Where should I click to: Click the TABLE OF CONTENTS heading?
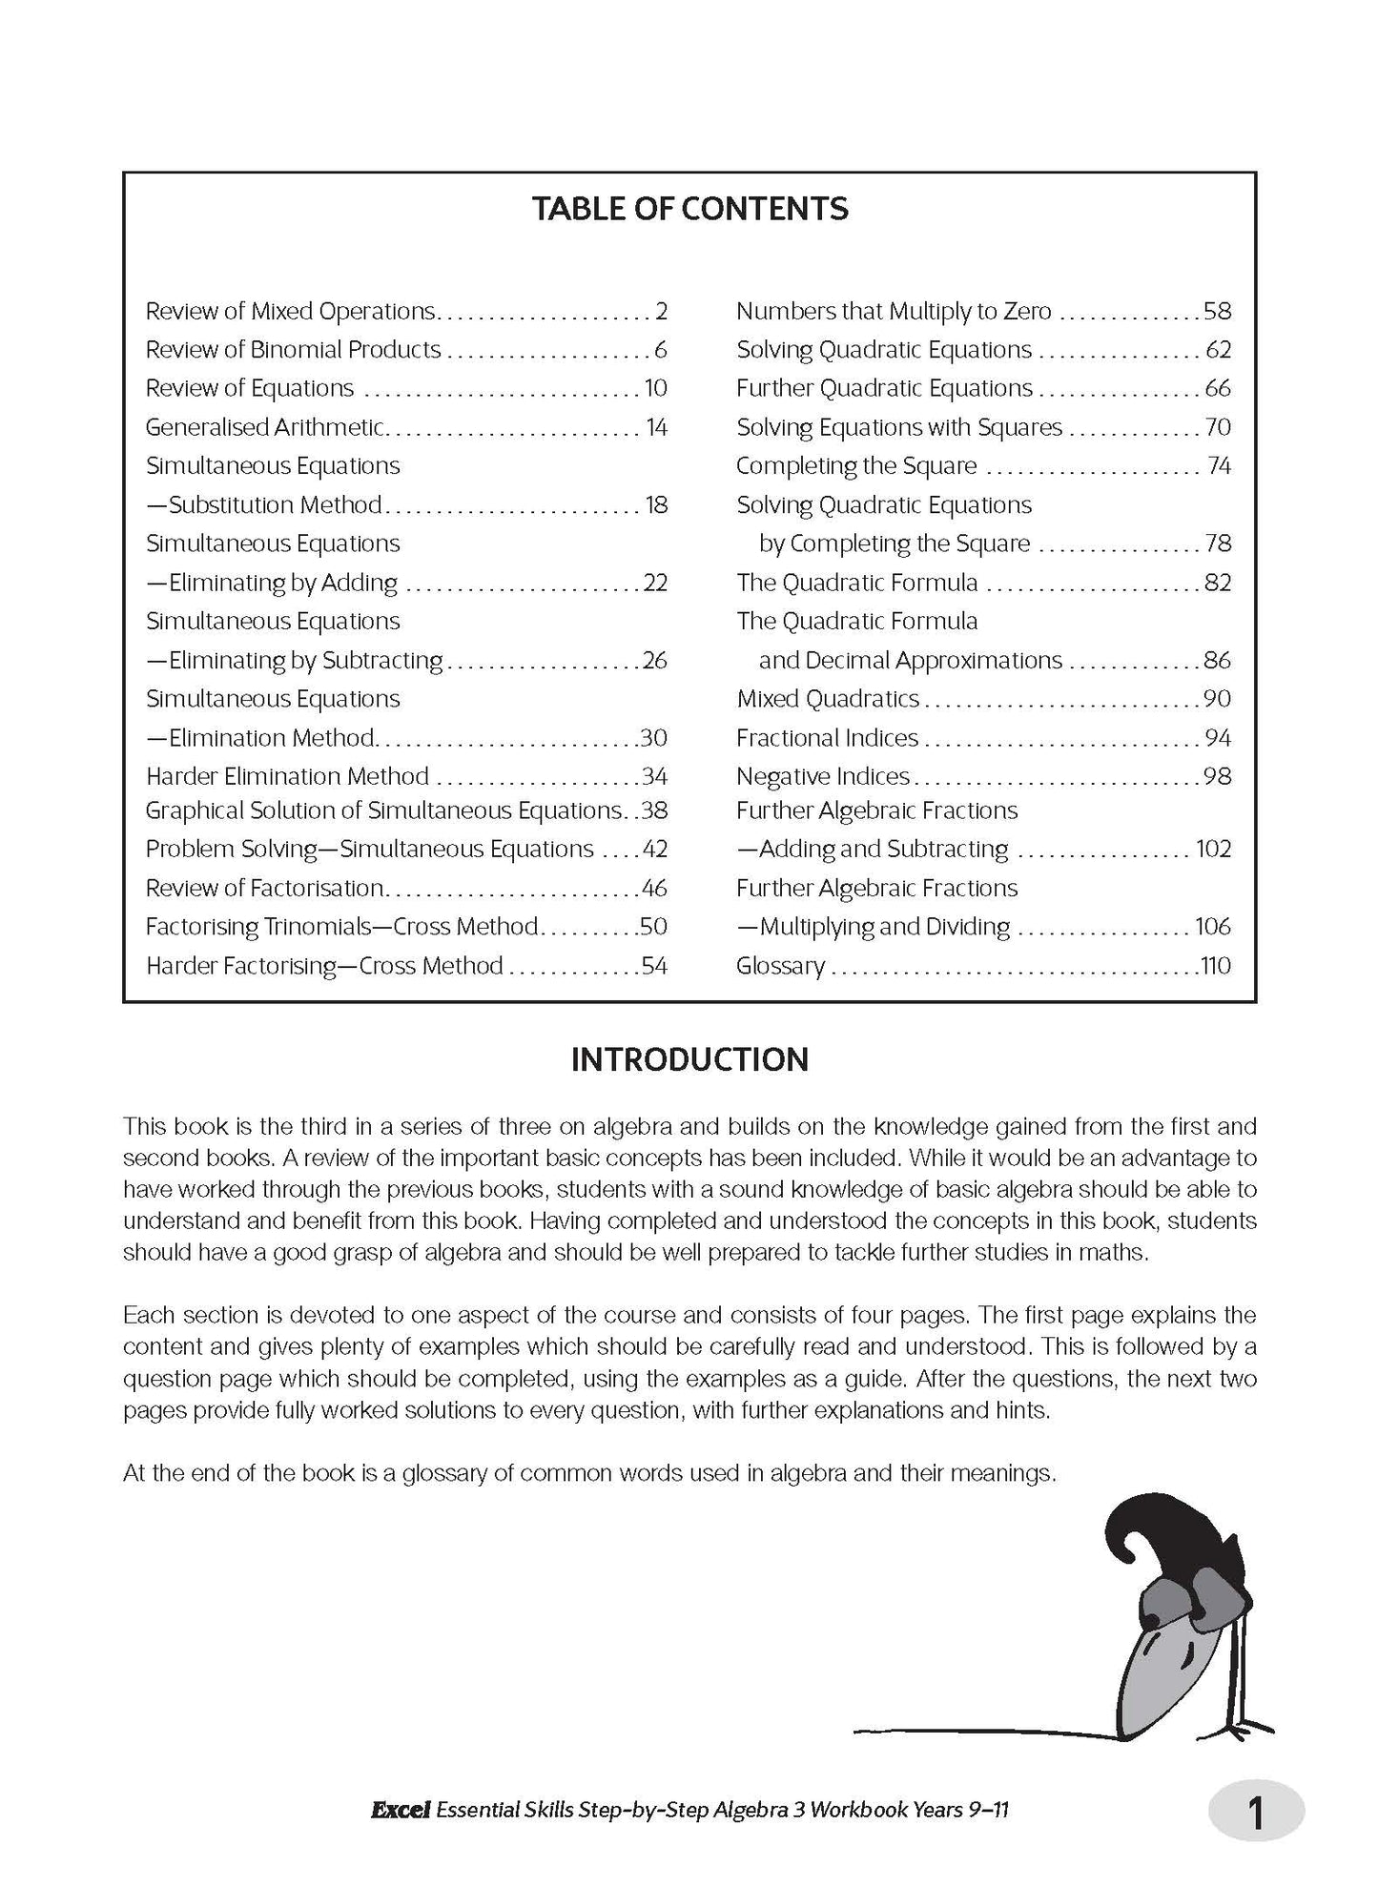pos(689,209)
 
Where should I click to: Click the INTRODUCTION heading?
pos(689,1059)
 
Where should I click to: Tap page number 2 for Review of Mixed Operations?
pos(661,312)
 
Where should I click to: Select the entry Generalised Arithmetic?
pos(264,427)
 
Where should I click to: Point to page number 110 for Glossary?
pos(1215,966)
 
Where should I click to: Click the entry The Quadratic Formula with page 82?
pos(856,583)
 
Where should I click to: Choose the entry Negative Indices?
pos(822,776)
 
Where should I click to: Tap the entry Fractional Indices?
pos(827,738)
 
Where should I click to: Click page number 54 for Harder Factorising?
pos(654,966)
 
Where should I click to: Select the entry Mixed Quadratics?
pos(827,699)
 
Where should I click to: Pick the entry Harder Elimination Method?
pos(287,776)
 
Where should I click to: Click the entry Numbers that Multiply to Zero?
pos(893,312)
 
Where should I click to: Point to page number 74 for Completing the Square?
pos(1218,466)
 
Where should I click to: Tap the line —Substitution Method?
pos(264,505)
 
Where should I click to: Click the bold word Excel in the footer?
pos(401,1809)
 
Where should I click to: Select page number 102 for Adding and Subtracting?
pos(1213,850)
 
